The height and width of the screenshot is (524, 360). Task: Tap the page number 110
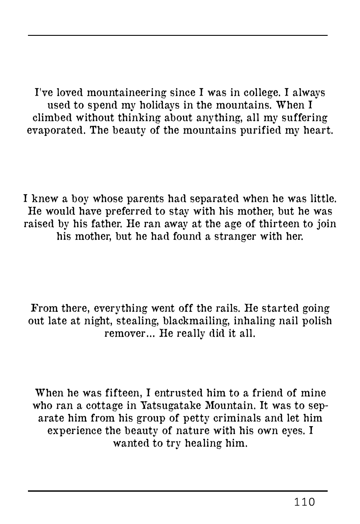[x=305, y=503]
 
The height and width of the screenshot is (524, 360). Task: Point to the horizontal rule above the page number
[x=178, y=491]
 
